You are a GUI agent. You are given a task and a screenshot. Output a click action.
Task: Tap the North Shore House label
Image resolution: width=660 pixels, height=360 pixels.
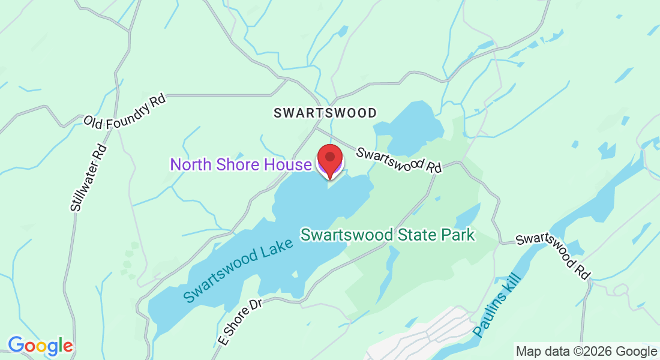tap(241, 164)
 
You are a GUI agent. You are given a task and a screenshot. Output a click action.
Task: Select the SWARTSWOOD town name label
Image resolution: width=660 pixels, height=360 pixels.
tap(325, 113)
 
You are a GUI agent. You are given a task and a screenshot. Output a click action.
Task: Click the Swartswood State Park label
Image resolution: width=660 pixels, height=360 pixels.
tap(388, 235)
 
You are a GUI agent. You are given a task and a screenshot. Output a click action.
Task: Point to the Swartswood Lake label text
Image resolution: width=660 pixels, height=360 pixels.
tap(239, 270)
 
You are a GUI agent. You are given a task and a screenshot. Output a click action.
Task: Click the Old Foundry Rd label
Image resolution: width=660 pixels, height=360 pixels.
tap(124, 112)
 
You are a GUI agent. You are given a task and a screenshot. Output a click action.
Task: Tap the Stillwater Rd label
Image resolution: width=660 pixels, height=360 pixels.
tap(88, 178)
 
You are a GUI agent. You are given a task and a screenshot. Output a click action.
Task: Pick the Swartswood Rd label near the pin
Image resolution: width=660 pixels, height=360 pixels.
tap(399, 160)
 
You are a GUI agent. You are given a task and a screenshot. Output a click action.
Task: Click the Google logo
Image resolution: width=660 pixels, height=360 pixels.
tap(40, 346)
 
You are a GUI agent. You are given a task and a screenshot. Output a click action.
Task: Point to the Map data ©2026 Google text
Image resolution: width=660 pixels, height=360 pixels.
tap(586, 351)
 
